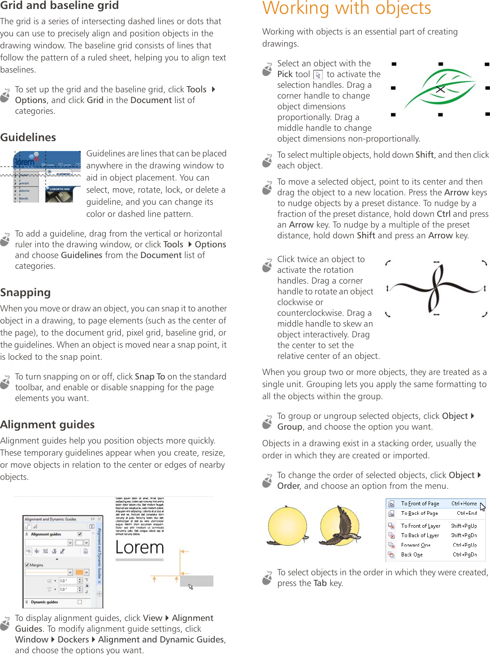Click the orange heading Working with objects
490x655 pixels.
[x=347, y=8]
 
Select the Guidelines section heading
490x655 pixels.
[x=28, y=138]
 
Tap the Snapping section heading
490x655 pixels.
[x=26, y=293]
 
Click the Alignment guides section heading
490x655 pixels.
[x=48, y=425]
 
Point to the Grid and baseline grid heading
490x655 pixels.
[x=59, y=6]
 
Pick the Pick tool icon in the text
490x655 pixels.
[x=318, y=75]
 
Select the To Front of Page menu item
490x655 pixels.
[x=420, y=504]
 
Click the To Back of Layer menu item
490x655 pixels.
[x=420, y=535]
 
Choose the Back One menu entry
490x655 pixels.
[x=412, y=555]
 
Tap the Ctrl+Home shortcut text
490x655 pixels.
[x=464, y=504]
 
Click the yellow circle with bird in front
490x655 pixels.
[x=339, y=526]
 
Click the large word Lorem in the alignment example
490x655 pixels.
[x=139, y=547]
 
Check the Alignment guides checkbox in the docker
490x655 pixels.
[x=80, y=534]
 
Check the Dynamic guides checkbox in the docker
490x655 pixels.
[x=80, y=602]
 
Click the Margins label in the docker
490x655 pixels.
[x=36, y=565]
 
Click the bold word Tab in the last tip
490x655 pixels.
[x=320, y=583]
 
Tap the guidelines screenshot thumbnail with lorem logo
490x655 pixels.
[x=47, y=177]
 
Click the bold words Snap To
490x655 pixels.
[x=150, y=377]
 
